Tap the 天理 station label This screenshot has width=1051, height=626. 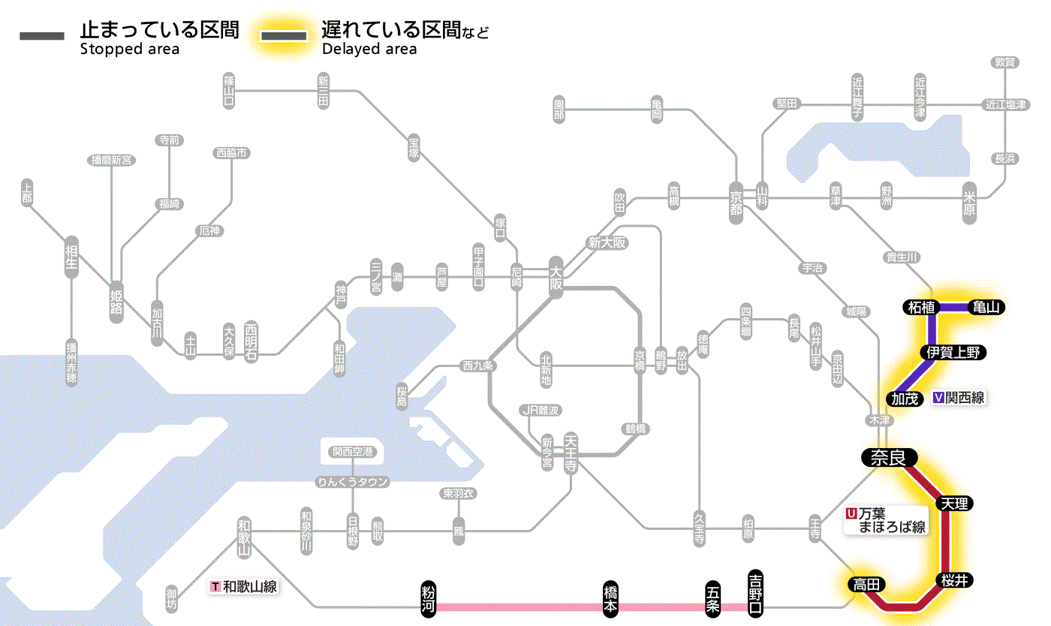click(955, 503)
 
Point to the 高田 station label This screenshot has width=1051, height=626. click(867, 584)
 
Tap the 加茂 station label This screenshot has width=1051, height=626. click(906, 398)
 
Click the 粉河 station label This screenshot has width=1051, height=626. click(429, 598)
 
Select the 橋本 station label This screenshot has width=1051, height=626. click(611, 598)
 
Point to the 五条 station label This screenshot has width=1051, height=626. click(713, 598)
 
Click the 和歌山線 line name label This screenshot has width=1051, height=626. click(244, 586)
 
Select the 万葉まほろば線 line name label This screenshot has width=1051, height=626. click(887, 520)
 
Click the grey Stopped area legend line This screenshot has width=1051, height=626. click(43, 36)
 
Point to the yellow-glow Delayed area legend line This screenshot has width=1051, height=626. click(284, 36)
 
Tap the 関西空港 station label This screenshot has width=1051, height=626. click(353, 451)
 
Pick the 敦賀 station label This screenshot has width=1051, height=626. click(1005, 62)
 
